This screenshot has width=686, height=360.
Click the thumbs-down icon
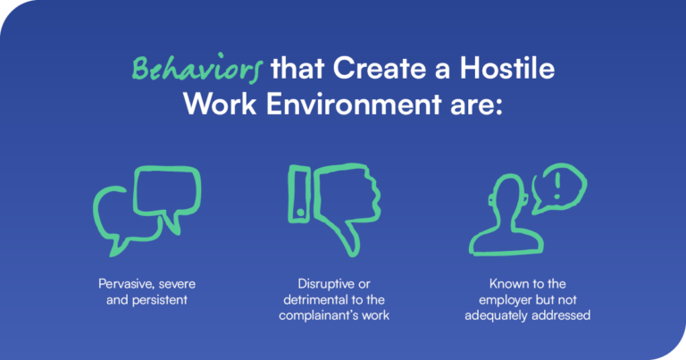coord(337,205)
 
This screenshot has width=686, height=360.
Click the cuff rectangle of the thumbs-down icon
coord(299,193)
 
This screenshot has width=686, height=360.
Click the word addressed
coord(561,316)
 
